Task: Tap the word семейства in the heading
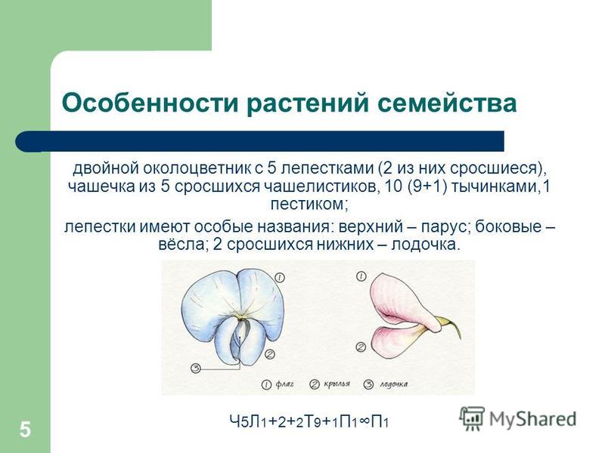tap(447, 103)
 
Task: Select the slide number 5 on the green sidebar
tap(25, 430)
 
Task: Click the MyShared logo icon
tap(472, 419)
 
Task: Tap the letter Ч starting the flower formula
tap(234, 421)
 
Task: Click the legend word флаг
tap(285, 384)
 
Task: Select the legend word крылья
tap(337, 384)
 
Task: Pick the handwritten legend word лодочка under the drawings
tap(393, 384)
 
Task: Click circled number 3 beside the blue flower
tap(196, 368)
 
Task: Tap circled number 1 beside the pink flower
tap(361, 276)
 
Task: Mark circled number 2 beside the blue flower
tap(270, 353)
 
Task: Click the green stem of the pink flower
tap(452, 326)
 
